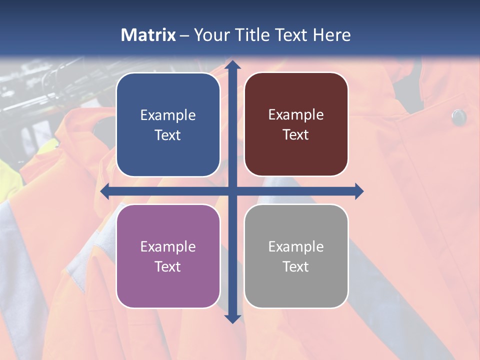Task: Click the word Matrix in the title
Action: tap(148, 35)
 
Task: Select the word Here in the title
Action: tap(332, 35)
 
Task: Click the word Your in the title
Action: tap(210, 35)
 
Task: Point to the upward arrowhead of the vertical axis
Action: tap(232, 65)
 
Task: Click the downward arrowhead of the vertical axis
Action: tap(232, 318)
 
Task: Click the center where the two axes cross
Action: tap(232, 191)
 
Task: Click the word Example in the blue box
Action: tap(168, 115)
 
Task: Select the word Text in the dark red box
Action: tap(296, 135)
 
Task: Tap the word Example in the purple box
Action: tap(168, 247)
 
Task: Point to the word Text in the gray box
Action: tap(296, 266)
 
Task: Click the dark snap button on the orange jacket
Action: tap(458, 117)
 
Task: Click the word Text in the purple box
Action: tap(168, 266)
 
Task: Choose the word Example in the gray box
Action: tap(296, 247)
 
